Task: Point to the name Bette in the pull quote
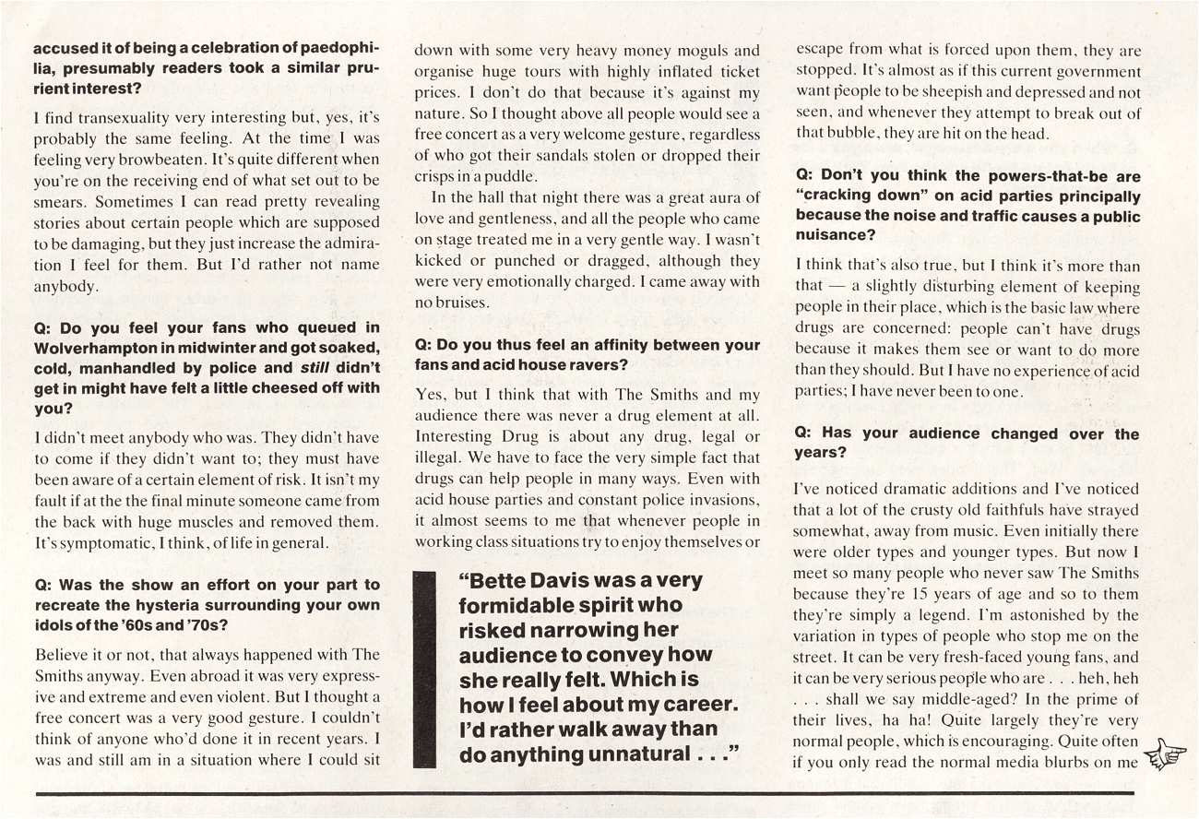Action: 497,581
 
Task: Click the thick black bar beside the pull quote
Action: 424,669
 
